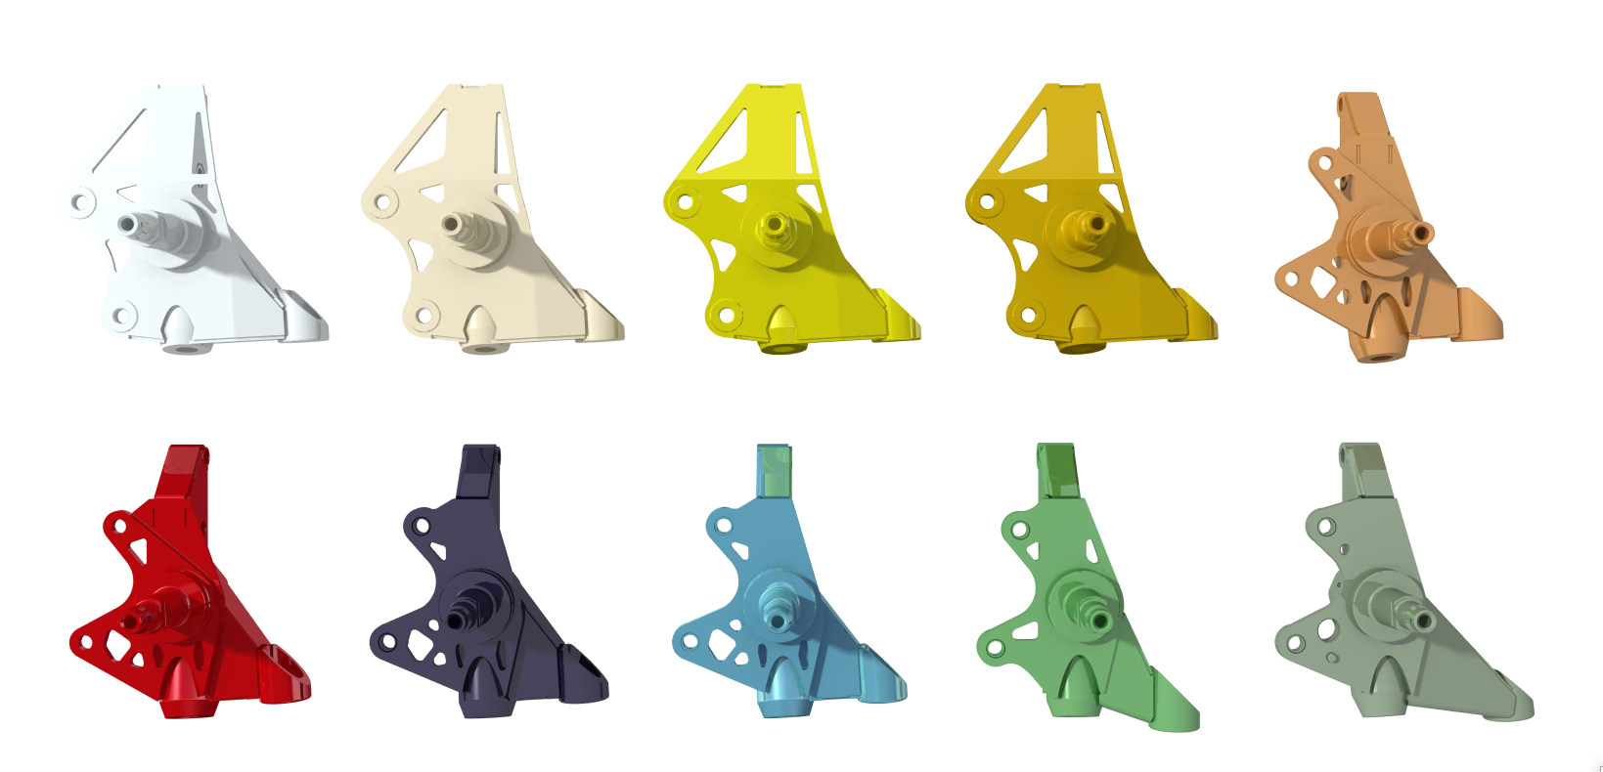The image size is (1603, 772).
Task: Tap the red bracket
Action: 186,606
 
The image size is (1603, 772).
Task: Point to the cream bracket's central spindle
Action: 452,225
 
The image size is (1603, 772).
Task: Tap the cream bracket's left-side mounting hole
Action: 382,202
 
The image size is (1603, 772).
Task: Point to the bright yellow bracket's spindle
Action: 775,225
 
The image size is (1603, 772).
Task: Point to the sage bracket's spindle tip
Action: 1424,620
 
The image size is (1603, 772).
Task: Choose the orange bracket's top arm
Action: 1359,122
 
